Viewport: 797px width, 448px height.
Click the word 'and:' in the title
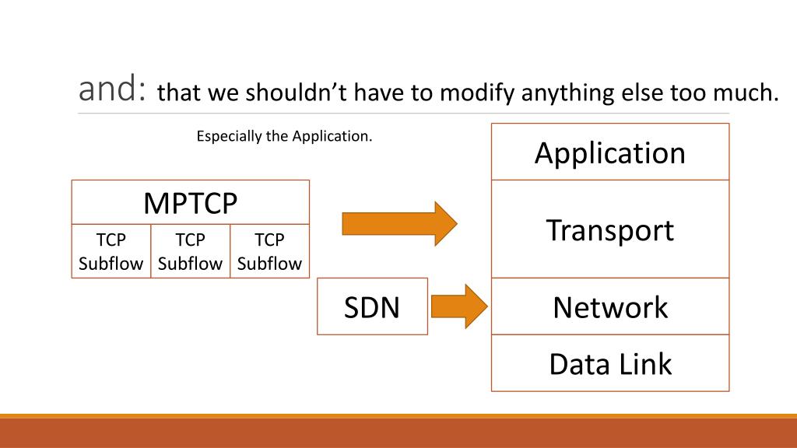click(x=113, y=91)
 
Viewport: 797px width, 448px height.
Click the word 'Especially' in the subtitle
click(x=230, y=137)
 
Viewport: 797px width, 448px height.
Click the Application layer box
click(x=610, y=152)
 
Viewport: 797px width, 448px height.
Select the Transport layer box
click(x=610, y=229)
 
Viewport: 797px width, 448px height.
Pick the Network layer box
click(x=610, y=306)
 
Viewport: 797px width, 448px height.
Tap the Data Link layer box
click(x=610, y=363)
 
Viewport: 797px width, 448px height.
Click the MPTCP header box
click(x=191, y=203)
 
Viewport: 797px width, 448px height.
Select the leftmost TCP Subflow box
click(x=111, y=251)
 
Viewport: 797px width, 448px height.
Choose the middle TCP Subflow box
click(x=190, y=251)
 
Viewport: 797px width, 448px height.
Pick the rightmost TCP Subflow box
click(x=269, y=251)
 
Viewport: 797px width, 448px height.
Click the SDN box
click(x=372, y=306)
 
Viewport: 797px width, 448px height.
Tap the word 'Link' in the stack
click(x=644, y=363)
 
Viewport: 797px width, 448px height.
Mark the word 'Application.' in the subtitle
click(x=332, y=137)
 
